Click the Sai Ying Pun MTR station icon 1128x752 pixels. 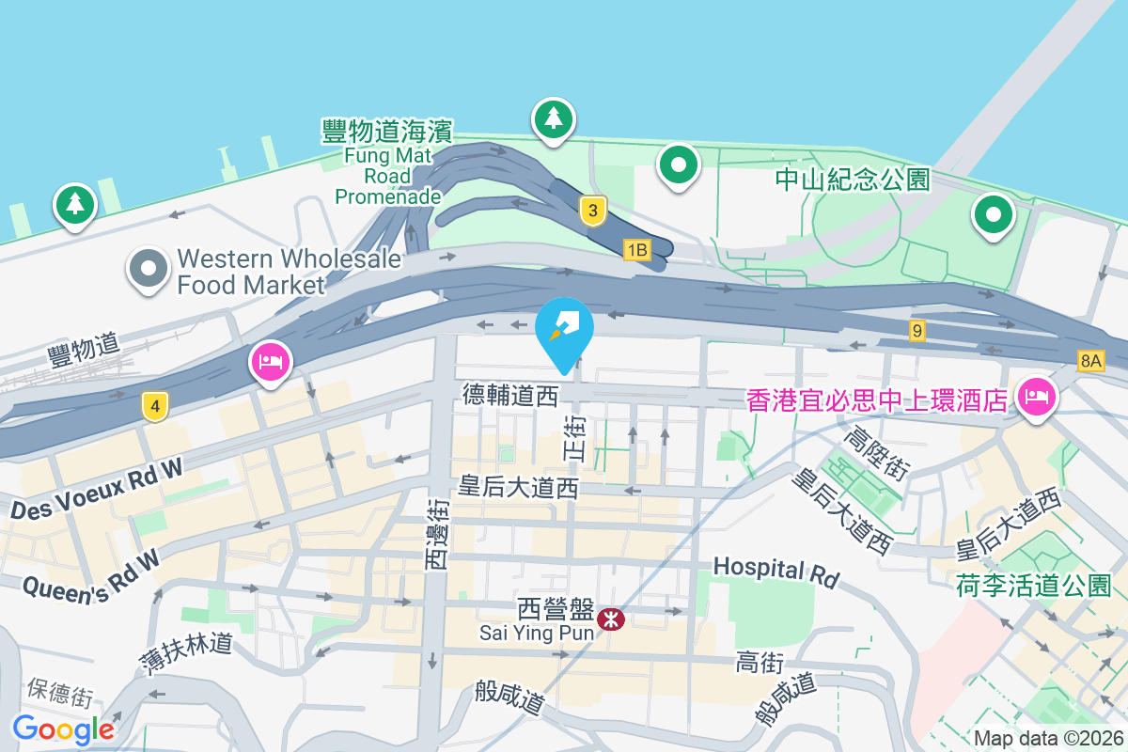(611, 619)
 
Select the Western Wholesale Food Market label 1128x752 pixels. (290, 271)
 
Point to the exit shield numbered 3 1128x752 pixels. (592, 211)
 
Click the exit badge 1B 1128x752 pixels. (637, 249)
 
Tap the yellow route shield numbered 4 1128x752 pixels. (155, 406)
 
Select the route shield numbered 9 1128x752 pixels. (917, 330)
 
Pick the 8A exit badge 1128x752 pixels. (1090, 360)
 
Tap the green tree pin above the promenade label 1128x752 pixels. (554, 119)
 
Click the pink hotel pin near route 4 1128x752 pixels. (271, 363)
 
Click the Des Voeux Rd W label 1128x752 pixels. (97, 491)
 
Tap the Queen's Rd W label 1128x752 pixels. (89, 575)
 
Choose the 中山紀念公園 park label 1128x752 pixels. (853, 179)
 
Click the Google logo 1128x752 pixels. (64, 728)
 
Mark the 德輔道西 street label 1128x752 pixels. (510, 396)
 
